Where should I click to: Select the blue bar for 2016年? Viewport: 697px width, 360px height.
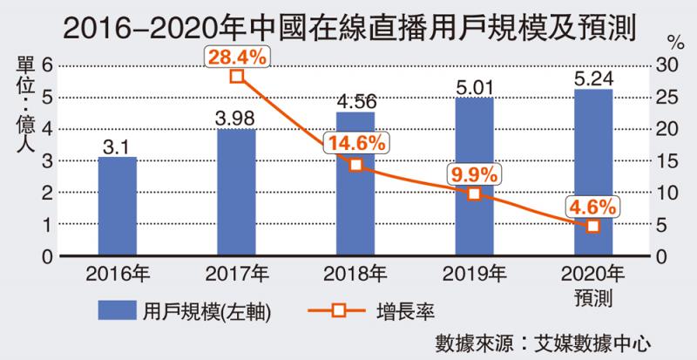(x=117, y=207)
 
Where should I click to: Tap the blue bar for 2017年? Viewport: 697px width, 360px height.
(x=236, y=193)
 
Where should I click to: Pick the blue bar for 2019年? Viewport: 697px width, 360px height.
(x=474, y=177)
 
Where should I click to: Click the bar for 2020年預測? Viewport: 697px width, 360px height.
(x=592, y=173)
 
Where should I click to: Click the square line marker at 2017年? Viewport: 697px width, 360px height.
(x=237, y=76)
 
